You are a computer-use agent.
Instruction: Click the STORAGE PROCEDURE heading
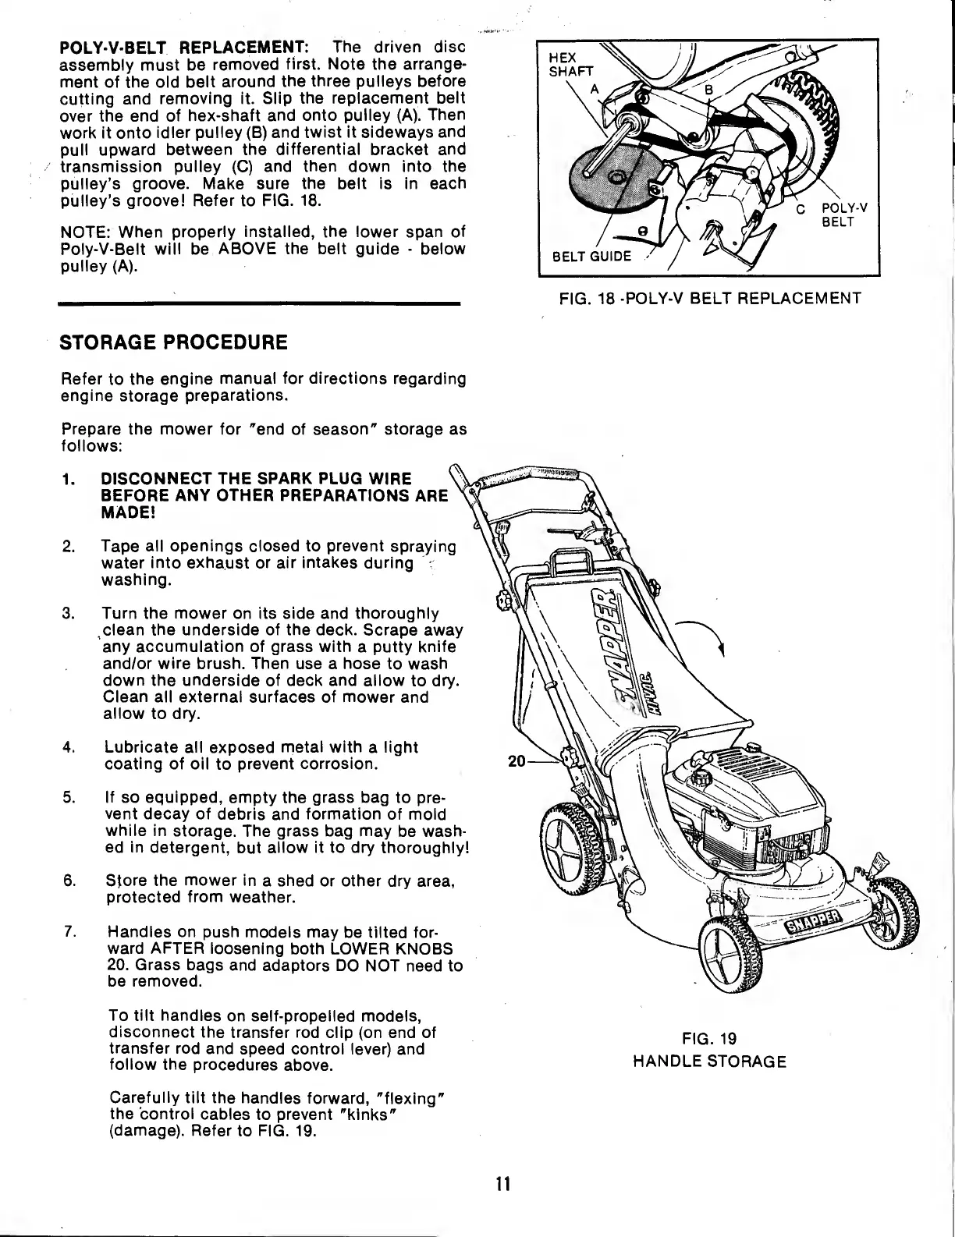pos(174,342)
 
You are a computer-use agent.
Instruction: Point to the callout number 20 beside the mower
pos(516,760)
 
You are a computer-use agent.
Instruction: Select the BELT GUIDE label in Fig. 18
pos(591,257)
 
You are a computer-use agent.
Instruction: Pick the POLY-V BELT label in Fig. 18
pos(847,214)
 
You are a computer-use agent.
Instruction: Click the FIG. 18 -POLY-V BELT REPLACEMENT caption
pos(708,299)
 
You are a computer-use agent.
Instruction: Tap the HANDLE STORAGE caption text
pos(708,1062)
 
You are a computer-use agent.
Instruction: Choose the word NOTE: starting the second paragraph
pos(85,232)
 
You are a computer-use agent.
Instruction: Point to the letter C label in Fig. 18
pos(800,208)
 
